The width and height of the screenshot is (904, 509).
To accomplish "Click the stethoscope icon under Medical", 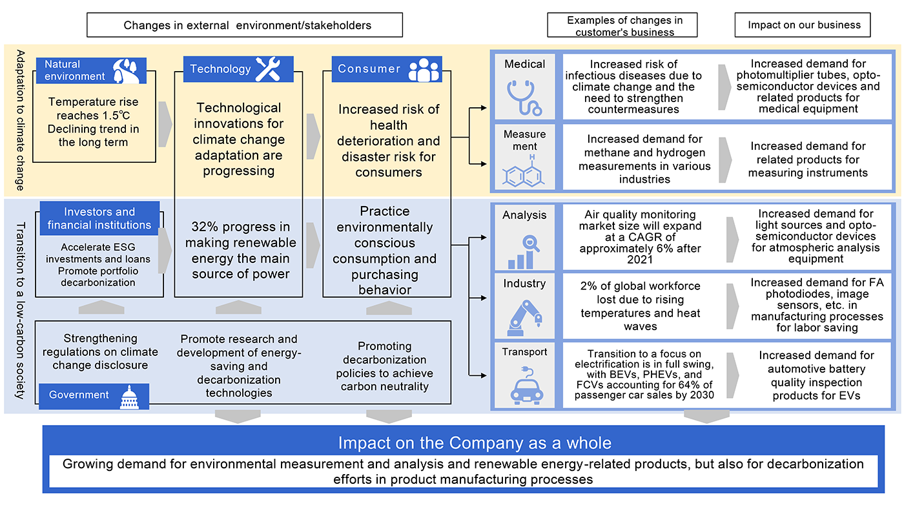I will [525, 96].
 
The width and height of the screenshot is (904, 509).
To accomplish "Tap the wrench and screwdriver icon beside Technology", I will [267, 69].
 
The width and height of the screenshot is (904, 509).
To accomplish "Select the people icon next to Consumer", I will [424, 70].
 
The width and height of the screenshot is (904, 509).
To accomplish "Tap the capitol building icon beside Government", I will [129, 397].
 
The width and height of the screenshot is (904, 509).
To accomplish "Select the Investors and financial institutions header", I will [99, 218].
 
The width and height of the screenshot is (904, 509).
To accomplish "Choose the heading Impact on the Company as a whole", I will [475, 443].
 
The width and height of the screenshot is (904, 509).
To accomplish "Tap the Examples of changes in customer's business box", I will [624, 26].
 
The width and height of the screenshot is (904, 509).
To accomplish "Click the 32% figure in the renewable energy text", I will [205, 227].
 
